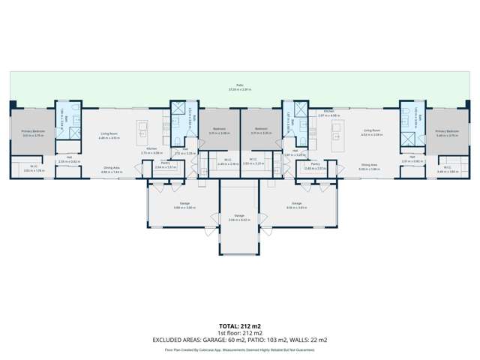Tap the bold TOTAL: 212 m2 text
pos(240,325)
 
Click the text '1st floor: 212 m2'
pos(240,332)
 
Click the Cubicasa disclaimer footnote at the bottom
pos(240,349)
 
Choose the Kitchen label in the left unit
pos(151,149)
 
